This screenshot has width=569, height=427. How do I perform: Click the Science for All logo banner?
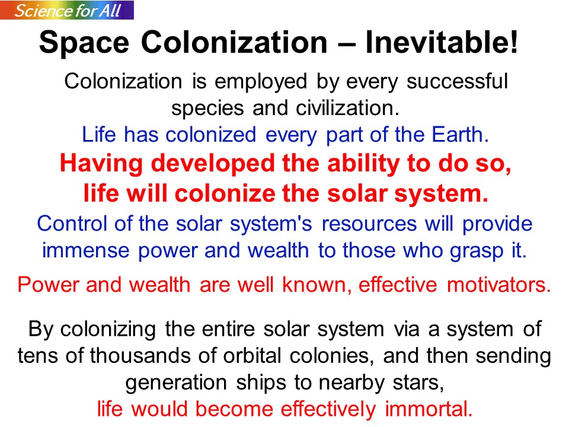click(67, 10)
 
